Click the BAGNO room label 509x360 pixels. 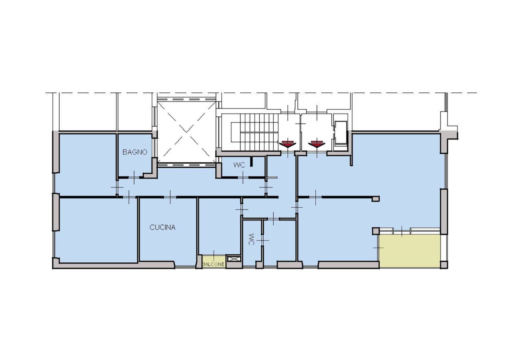135,152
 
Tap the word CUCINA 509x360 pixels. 162,227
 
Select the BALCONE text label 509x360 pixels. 213,264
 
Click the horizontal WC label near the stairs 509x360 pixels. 239,165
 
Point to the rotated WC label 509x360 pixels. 251,240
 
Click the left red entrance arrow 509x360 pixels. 288,144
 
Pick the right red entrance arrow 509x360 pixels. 317,144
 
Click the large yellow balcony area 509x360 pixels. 410,251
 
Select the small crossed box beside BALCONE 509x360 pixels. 233,259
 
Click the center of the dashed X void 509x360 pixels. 186,132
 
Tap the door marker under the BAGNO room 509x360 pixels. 134,177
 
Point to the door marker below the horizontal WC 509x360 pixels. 243,177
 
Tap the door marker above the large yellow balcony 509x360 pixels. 402,231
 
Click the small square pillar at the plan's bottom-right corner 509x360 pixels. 444,265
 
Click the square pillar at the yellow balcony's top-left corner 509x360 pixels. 376,231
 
